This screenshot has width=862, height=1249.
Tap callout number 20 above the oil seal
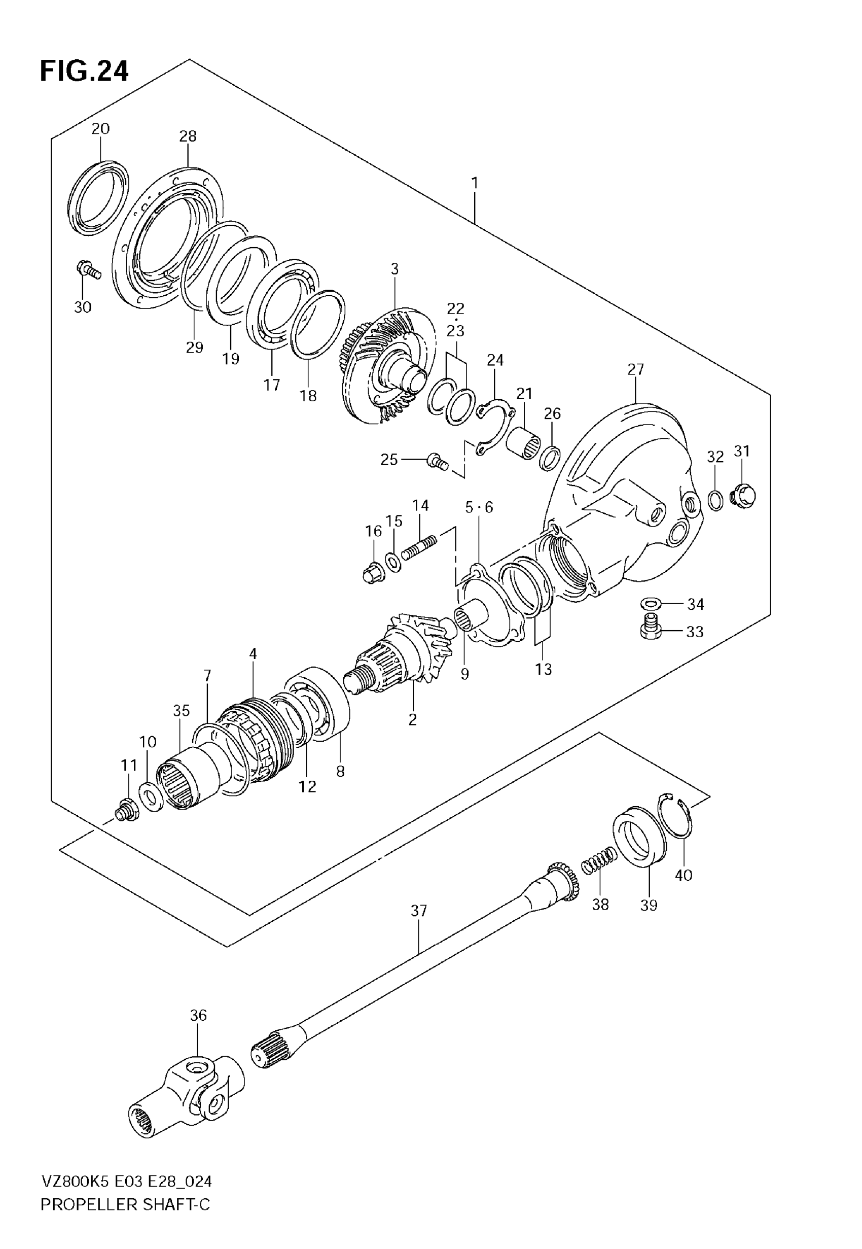pos(100,128)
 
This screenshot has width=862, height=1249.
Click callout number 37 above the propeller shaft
pos(419,911)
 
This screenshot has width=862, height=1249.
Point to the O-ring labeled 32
pos(715,500)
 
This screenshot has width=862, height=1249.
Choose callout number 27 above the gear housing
pos(636,369)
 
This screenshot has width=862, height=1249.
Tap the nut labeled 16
pos(374,573)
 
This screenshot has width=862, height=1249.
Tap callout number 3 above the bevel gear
pos(394,269)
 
